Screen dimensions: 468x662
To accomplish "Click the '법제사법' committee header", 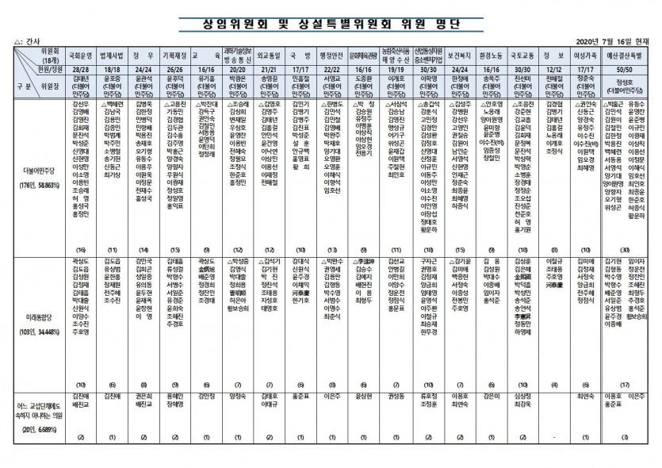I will coord(113,56).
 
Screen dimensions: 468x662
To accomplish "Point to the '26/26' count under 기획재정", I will coord(174,69).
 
